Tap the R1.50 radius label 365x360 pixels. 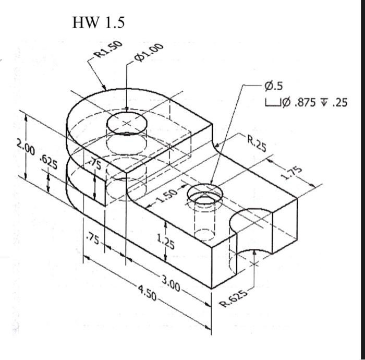point(107,48)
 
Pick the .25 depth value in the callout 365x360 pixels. point(339,102)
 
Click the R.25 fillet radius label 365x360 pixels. point(257,143)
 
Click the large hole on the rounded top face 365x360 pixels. point(127,123)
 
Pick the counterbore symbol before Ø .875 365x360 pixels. point(271,102)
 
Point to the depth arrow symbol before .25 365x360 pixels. point(325,102)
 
